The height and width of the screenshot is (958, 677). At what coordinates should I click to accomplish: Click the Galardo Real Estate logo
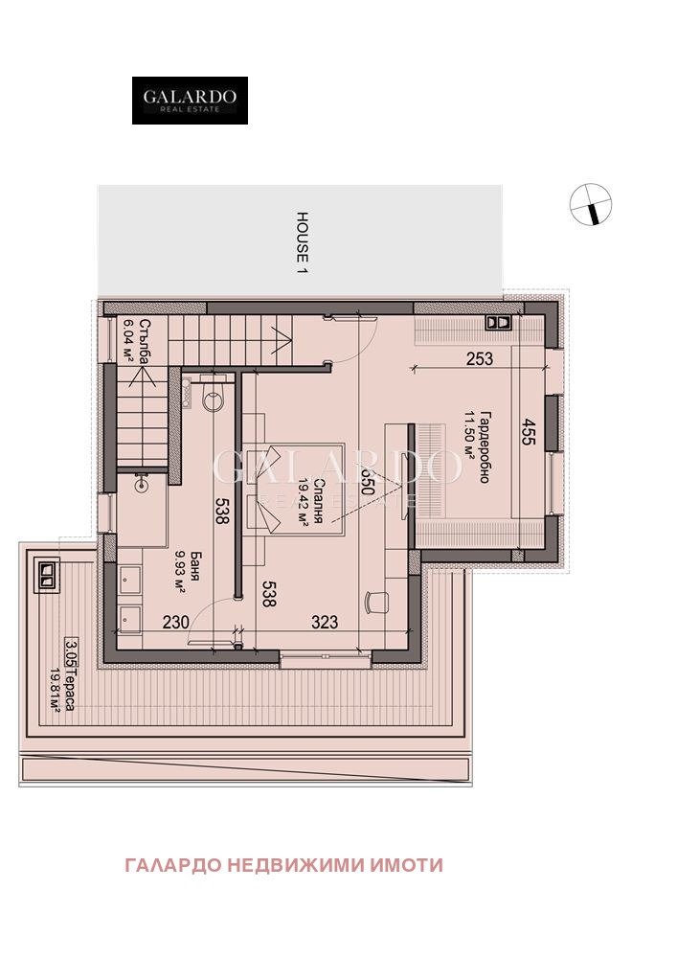point(190,101)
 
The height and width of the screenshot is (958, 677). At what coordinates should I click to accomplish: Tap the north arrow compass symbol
point(590,204)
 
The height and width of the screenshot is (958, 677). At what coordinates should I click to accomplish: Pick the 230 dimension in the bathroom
point(175,622)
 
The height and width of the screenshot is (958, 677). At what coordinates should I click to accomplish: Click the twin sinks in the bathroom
point(130,600)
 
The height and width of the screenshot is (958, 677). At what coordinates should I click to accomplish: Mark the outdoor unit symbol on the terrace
point(46,575)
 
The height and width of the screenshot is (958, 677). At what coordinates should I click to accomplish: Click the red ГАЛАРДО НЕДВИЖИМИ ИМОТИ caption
point(283,865)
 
